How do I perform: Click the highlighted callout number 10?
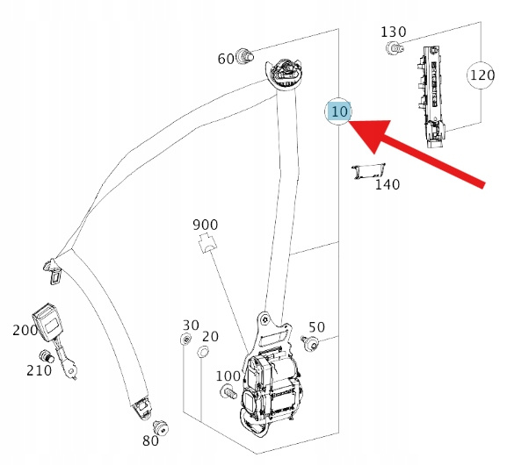click(339, 111)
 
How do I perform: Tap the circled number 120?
click(482, 75)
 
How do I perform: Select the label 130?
click(394, 32)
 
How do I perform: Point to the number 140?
click(387, 184)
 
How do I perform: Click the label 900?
click(205, 225)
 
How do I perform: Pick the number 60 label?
click(226, 59)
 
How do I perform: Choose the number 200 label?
click(25, 330)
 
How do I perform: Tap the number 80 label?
click(150, 440)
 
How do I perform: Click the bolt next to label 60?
click(245, 56)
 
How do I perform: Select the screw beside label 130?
click(395, 48)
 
